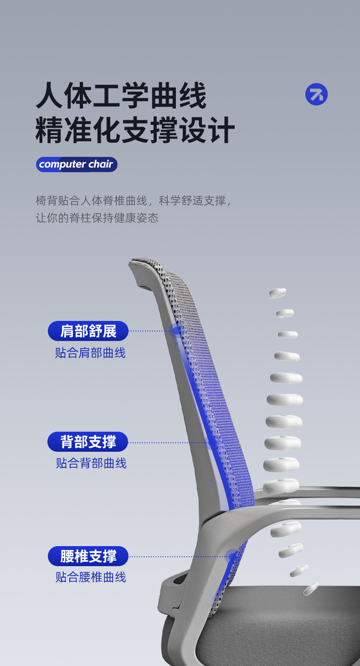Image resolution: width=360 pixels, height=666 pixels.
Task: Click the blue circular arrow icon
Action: pos(316,94)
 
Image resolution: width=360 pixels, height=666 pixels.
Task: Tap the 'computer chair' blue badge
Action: pos(77,164)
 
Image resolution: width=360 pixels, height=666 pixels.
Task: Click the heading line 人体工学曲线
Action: pos(121,96)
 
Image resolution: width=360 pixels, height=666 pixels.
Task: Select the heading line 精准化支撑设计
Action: pos(135,130)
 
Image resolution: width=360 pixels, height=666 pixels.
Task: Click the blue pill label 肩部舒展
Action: pos(88,331)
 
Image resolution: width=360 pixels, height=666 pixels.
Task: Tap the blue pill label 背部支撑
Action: pos(87,442)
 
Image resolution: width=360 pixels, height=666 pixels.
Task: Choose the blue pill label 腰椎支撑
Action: pos(88,556)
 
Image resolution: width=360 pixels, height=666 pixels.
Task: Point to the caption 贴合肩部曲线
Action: pos(90,353)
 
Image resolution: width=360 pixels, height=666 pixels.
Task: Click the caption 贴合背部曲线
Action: pos(91,463)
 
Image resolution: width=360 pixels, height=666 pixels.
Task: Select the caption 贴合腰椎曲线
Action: pos(91,577)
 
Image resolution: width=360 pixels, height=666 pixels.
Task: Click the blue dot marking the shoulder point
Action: pos(176,330)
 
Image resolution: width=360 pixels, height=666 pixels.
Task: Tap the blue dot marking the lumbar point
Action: pos(232,556)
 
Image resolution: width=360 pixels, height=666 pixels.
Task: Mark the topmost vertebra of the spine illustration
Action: pos(278,293)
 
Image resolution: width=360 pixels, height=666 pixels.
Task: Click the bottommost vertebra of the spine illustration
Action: pos(311,588)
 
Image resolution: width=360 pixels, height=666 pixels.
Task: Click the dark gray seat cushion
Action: pos(279,627)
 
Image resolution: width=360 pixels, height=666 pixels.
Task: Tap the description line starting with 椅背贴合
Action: pos(134,201)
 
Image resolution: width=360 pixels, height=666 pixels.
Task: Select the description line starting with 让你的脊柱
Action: pos(97,218)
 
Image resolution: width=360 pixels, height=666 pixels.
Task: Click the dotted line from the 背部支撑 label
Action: pos(168,443)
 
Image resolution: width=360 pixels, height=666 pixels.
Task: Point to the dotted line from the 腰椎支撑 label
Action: pos(178,557)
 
